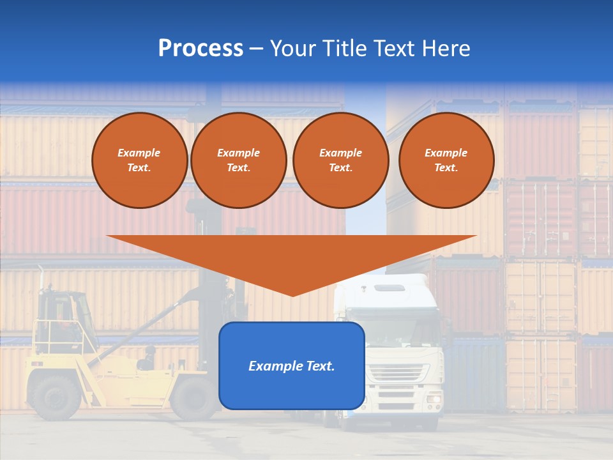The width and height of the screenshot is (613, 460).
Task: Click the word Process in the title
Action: pos(201,49)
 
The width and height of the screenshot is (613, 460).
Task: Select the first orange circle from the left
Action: pos(139,160)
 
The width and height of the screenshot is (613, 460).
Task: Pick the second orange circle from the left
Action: pos(239,160)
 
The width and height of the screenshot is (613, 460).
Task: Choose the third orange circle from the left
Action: pos(340,160)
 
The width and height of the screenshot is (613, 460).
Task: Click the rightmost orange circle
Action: pos(446,160)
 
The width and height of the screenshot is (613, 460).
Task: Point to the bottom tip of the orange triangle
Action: pos(292,295)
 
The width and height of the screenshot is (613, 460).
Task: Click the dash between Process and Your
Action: pos(256,49)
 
